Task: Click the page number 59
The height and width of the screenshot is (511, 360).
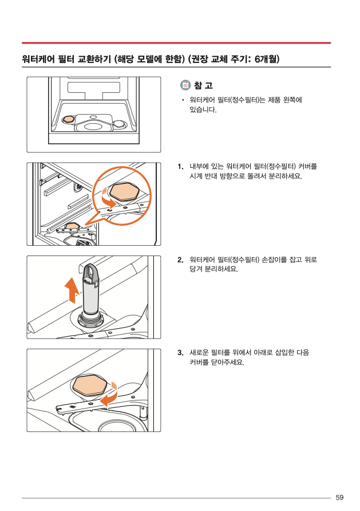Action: tap(339, 497)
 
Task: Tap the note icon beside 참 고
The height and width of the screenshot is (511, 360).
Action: tap(185, 85)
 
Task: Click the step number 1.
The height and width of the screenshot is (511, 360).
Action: tap(180, 167)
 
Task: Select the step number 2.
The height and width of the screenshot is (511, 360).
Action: tap(180, 260)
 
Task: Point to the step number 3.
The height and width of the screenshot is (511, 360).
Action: tap(180, 353)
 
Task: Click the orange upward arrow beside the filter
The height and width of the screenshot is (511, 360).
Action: tap(72, 290)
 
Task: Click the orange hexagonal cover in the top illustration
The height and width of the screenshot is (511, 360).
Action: tap(68, 119)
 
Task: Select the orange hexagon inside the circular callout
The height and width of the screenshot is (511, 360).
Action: tap(124, 191)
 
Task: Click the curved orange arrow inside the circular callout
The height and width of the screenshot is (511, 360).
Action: tap(108, 199)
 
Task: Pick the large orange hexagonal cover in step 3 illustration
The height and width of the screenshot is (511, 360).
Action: tap(89, 386)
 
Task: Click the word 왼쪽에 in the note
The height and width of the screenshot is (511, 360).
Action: tap(292, 100)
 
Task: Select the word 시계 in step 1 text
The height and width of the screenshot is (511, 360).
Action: tap(196, 176)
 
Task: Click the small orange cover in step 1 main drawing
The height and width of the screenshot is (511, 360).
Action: tap(72, 226)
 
